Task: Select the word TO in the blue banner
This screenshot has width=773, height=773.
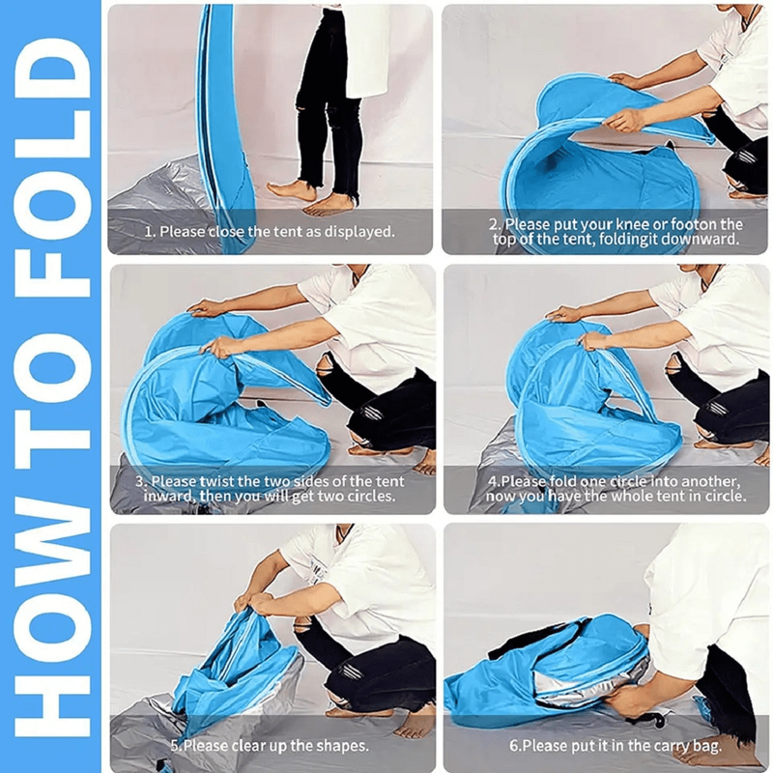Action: (52, 380)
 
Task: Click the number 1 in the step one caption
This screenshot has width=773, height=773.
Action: (149, 231)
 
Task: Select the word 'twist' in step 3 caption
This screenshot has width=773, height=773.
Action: (216, 481)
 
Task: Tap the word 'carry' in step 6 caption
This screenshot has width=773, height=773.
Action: (673, 745)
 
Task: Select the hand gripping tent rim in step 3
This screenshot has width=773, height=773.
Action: (219, 347)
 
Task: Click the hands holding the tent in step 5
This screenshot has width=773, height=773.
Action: (256, 600)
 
